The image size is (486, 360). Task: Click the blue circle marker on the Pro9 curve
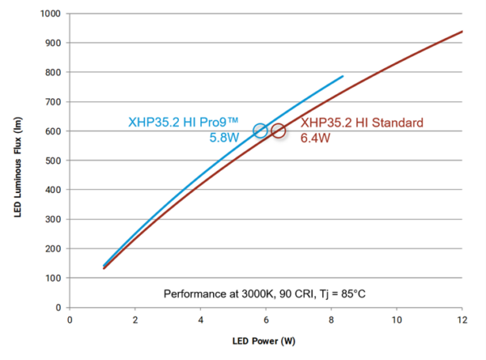(260, 131)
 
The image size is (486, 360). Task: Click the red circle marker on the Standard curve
(279, 131)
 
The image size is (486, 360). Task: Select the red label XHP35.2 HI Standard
(362, 123)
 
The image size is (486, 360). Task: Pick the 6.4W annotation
(315, 138)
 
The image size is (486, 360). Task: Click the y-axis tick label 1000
(49, 14)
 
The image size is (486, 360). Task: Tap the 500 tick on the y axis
(53, 161)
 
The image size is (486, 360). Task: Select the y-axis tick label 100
(53, 278)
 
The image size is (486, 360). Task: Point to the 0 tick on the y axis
(58, 308)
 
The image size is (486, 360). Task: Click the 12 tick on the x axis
(463, 320)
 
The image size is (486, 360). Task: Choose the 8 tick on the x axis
(331, 320)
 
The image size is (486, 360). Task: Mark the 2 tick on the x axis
(135, 320)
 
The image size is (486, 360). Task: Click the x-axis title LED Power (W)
(266, 341)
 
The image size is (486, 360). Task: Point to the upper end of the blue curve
(343, 76)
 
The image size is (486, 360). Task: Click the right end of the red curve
(462, 32)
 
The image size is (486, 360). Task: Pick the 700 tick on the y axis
(53, 101)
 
